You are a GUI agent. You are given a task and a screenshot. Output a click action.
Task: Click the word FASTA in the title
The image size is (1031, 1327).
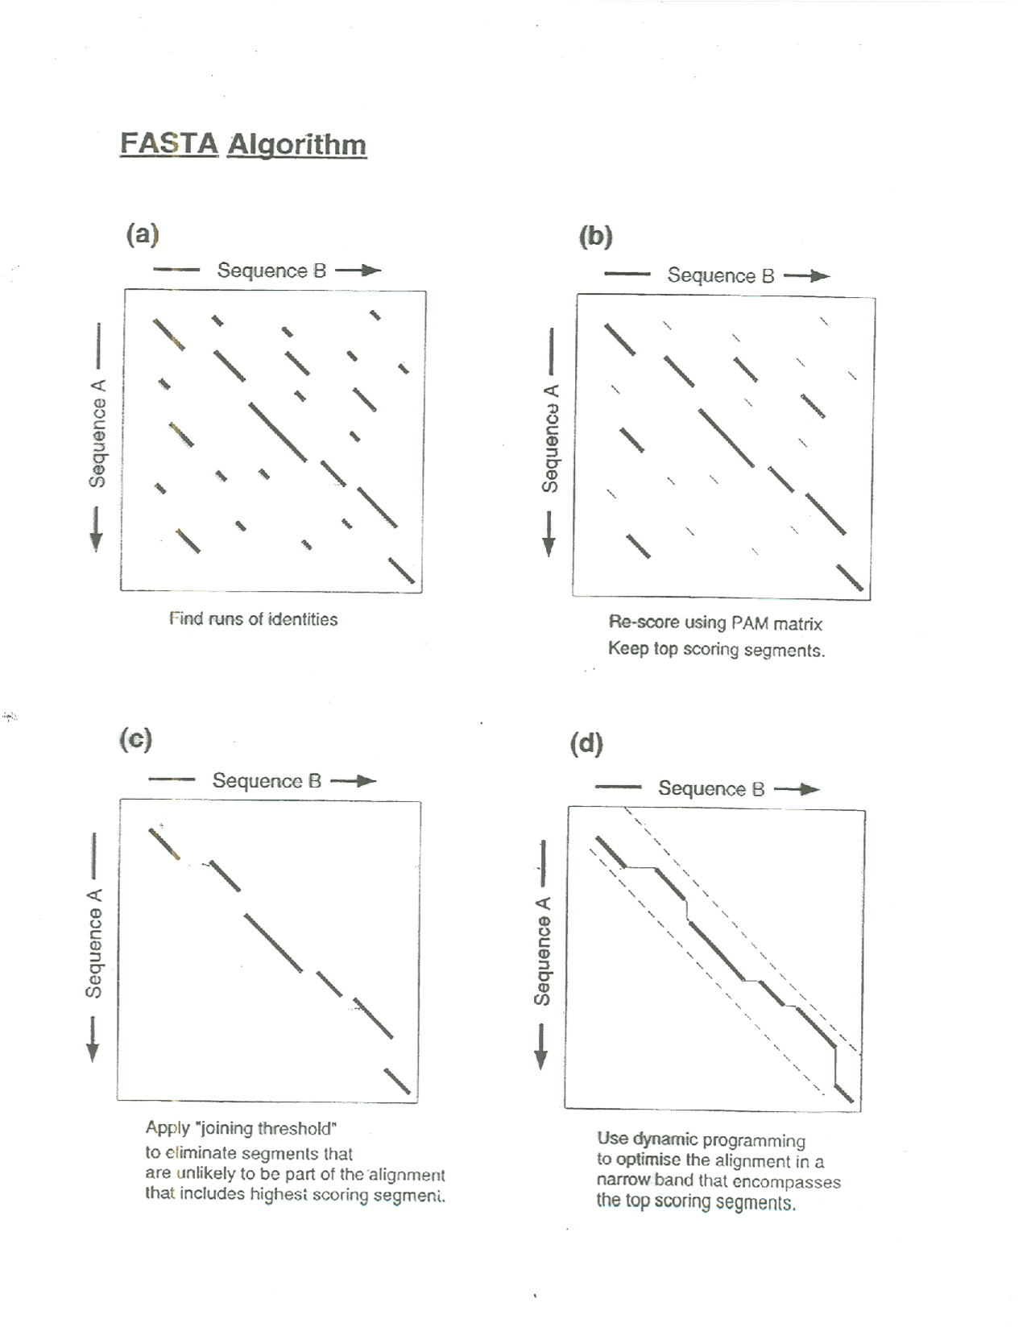click(x=169, y=144)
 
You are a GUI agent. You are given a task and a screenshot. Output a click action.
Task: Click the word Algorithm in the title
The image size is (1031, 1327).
click(x=296, y=145)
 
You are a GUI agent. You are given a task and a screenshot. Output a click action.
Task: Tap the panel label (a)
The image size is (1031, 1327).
click(x=143, y=234)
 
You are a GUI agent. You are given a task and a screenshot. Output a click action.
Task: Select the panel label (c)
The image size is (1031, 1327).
click(x=135, y=738)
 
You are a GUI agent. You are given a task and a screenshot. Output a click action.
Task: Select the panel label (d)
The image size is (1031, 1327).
click(x=586, y=743)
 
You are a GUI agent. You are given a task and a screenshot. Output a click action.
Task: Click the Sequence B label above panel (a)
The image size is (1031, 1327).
click(x=271, y=271)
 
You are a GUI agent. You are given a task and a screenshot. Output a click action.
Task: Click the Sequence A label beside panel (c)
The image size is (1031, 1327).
click(x=95, y=942)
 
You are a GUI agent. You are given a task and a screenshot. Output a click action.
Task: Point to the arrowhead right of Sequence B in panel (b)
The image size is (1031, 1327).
click(x=821, y=276)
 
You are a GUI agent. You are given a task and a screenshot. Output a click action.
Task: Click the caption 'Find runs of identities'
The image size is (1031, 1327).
click(x=253, y=619)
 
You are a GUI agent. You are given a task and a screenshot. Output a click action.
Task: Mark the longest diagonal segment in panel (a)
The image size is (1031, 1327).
click(x=278, y=432)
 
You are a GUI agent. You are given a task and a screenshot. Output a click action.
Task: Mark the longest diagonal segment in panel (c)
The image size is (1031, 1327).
click(x=274, y=943)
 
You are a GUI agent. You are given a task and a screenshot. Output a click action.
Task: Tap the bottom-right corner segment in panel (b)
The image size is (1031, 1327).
click(x=850, y=578)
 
